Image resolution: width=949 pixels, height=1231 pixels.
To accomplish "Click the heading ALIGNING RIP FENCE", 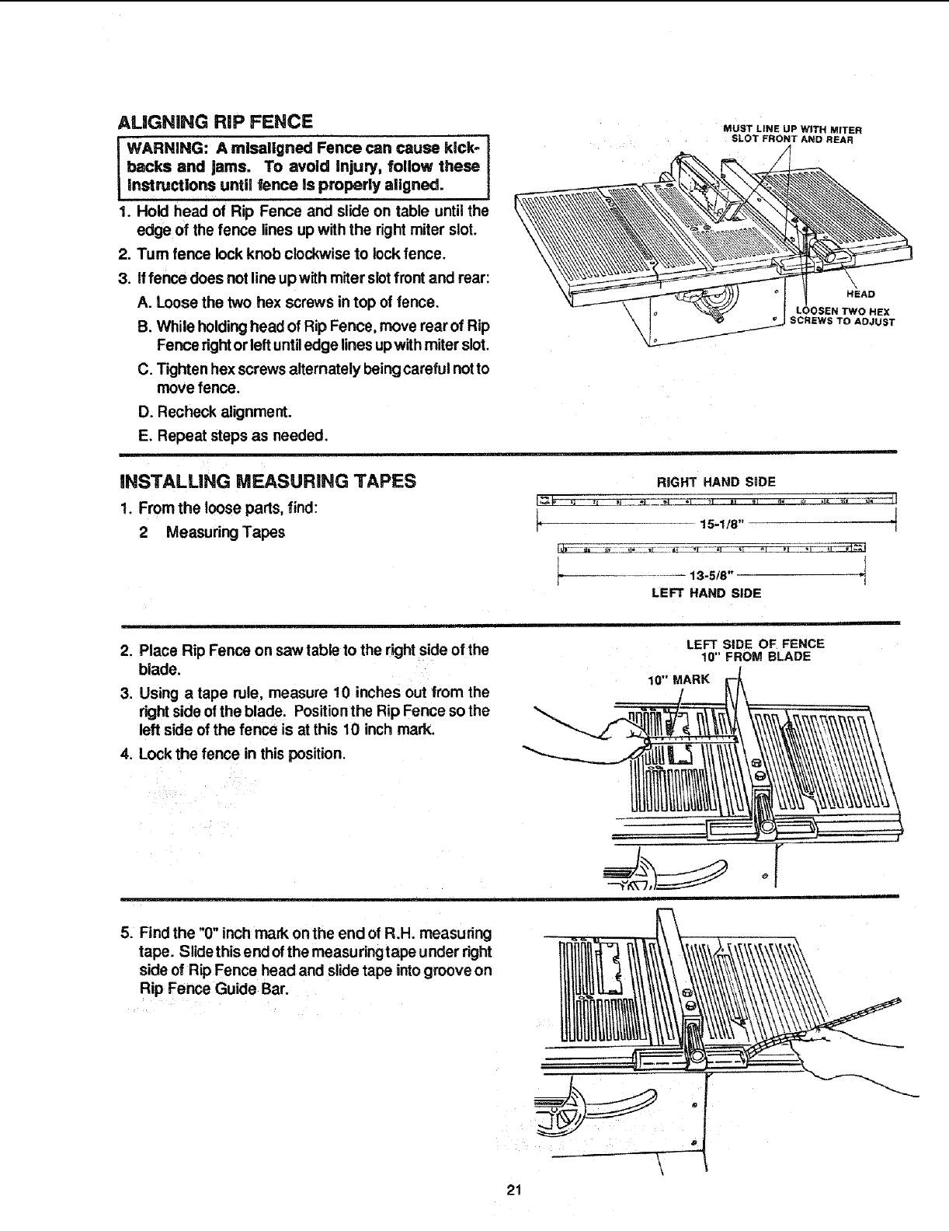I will [x=214, y=122].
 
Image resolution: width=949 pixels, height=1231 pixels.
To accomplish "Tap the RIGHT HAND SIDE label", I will [x=716, y=482].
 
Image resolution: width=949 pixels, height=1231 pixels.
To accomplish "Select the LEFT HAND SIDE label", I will [x=706, y=593].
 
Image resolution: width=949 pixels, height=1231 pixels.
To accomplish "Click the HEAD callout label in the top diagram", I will [x=860, y=294].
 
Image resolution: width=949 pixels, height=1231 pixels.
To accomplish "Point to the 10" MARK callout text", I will [x=679, y=679].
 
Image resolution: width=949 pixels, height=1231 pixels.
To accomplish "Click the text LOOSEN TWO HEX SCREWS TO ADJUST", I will [x=843, y=316].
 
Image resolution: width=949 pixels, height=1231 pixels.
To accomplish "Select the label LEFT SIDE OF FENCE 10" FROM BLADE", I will [x=755, y=650].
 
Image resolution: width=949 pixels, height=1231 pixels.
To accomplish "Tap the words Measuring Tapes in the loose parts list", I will [x=225, y=532].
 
